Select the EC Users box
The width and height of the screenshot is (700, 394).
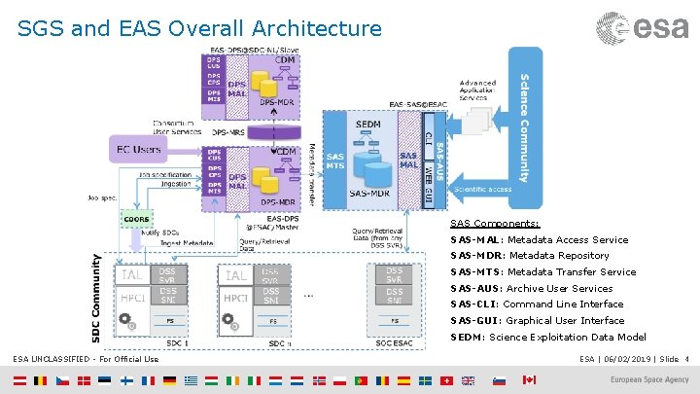[140, 149]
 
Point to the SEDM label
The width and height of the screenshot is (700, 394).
[368, 125]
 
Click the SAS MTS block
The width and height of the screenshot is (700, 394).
[334, 163]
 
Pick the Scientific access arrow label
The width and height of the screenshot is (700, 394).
[482, 188]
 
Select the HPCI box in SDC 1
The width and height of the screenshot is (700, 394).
[133, 297]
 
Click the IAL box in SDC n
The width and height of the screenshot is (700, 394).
[236, 275]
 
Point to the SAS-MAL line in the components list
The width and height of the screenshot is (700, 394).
[539, 239]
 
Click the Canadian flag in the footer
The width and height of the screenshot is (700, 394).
[529, 380]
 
